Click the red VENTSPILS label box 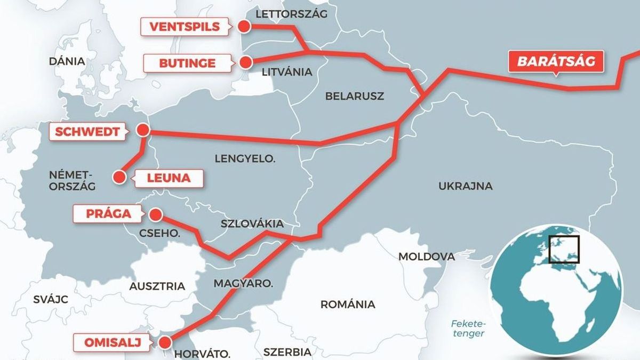[185, 27]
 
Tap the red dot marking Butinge [245, 62]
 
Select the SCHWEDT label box [90, 131]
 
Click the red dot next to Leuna [120, 177]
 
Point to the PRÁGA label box [108, 214]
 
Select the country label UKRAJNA [465, 186]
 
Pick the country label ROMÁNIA [347, 305]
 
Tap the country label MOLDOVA [427, 257]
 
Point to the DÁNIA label [67, 61]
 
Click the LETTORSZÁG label [291, 13]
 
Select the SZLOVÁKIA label [252, 224]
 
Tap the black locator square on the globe [564, 249]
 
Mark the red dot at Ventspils [244, 26]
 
